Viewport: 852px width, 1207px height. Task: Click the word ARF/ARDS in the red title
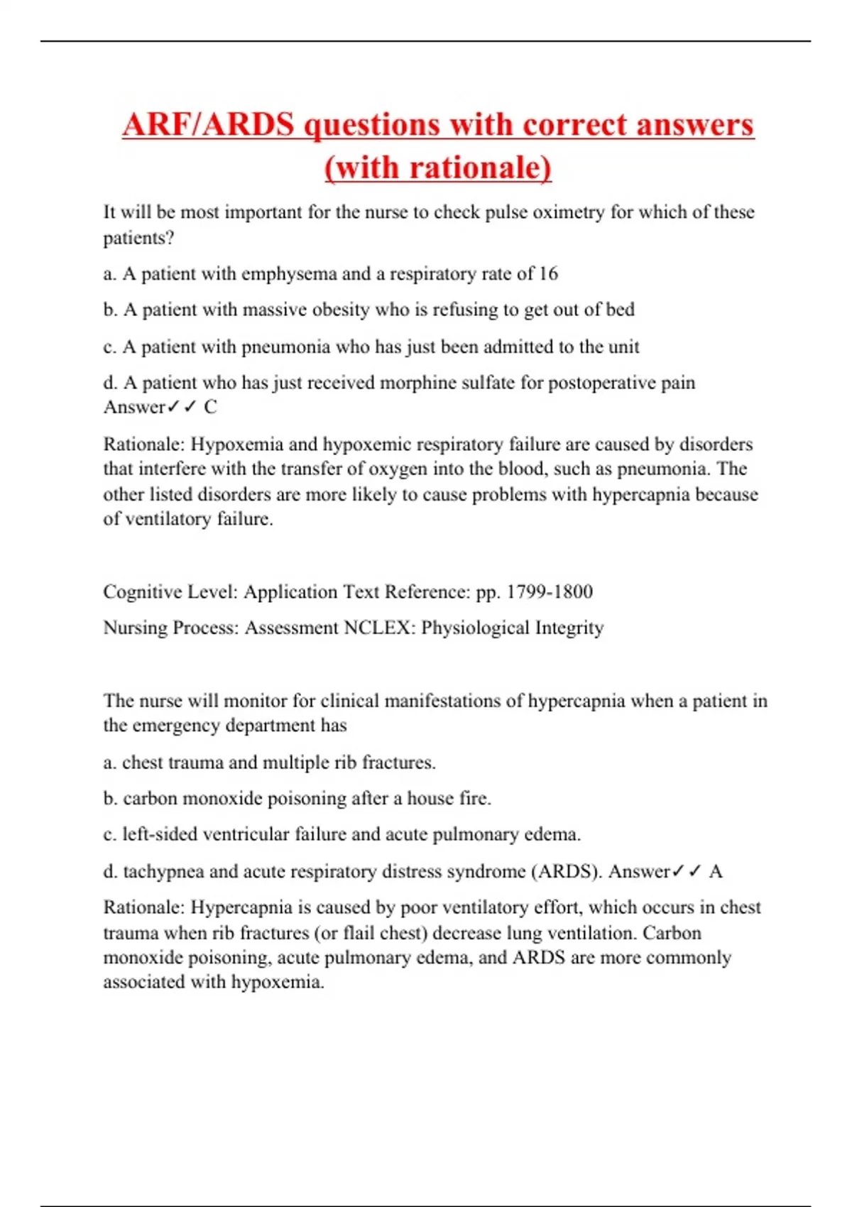(x=207, y=125)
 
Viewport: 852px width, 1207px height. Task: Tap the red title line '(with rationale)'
(x=438, y=168)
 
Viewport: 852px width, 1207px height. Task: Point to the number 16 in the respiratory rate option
(x=548, y=274)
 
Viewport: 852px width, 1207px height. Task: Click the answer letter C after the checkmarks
(x=210, y=407)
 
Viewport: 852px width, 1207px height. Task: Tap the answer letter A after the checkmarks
(x=716, y=871)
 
